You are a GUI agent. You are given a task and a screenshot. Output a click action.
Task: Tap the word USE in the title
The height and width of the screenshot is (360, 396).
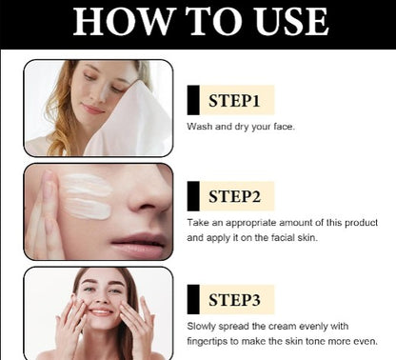pos(292,22)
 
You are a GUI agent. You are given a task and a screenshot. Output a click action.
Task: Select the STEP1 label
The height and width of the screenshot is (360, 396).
pos(234,100)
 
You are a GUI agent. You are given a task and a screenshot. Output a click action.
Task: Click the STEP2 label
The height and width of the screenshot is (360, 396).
pos(234,196)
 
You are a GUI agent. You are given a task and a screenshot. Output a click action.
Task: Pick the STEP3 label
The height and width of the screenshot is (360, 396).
pos(234,300)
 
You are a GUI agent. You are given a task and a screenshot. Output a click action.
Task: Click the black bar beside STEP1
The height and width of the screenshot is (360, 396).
pos(193,100)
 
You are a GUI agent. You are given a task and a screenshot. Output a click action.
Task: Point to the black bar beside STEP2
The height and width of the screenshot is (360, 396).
pos(193,196)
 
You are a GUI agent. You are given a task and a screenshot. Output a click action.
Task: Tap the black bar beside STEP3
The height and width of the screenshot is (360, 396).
pos(193,299)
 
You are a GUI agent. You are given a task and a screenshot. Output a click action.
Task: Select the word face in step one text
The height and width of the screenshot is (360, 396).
pos(284,127)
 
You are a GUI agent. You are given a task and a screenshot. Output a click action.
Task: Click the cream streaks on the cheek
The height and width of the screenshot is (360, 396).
pos(87,196)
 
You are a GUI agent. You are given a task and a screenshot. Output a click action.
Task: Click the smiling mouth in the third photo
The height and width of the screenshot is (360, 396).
pos(101,311)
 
